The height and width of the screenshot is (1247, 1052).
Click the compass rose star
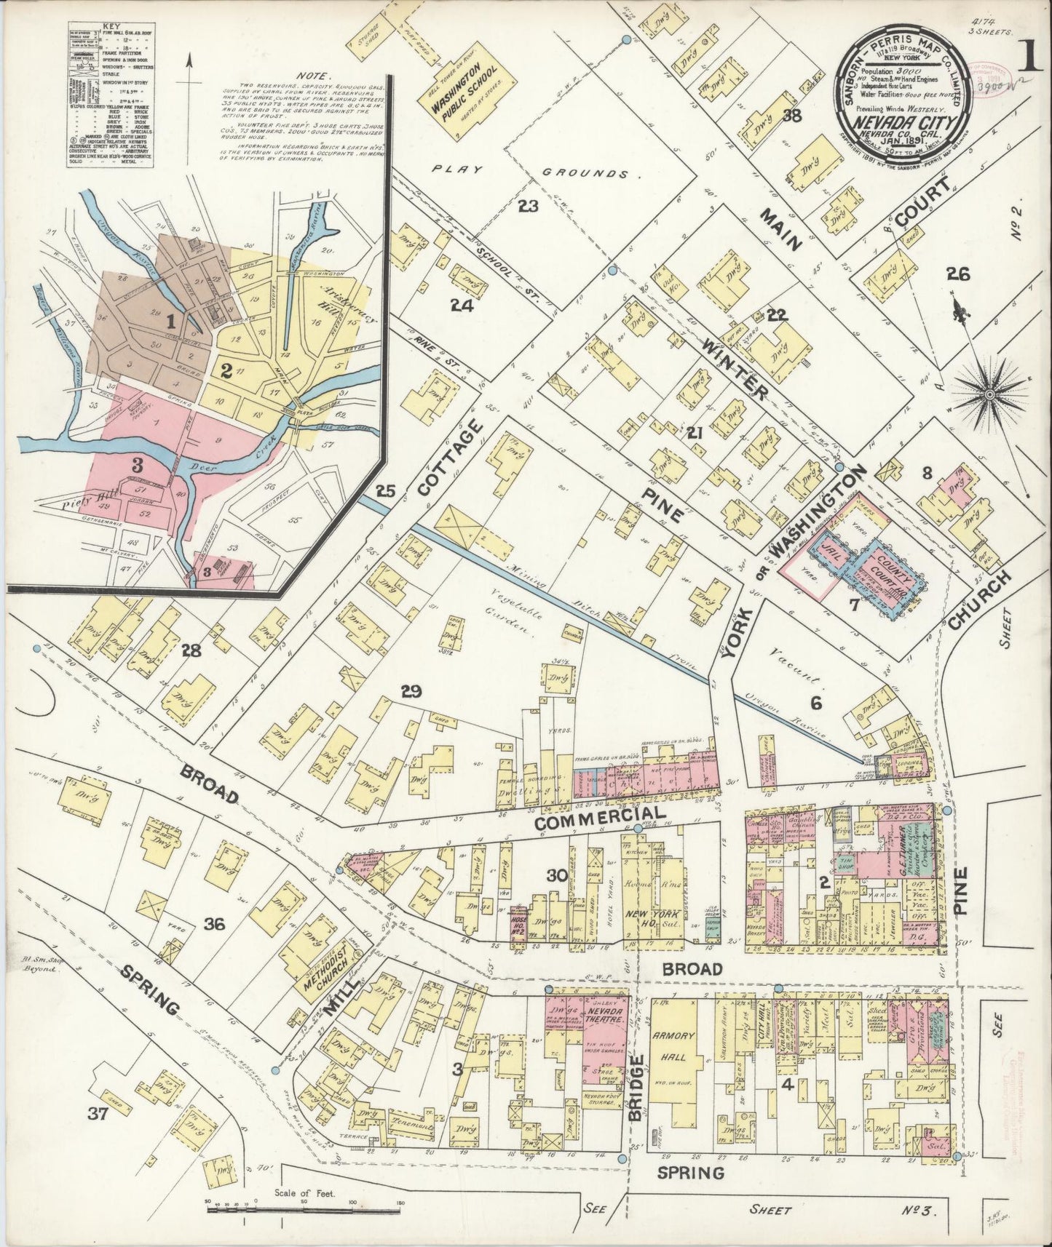coord(988,394)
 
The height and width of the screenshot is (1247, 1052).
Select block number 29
coord(411,691)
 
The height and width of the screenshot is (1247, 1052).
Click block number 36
coord(215,925)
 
